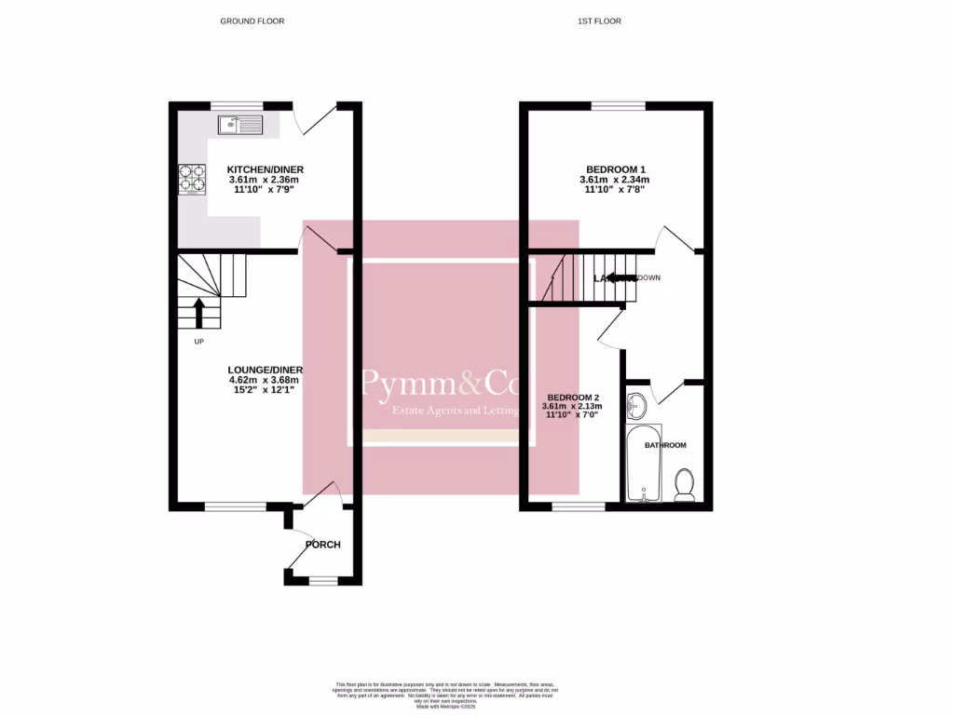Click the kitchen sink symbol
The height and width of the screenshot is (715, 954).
click(241, 125)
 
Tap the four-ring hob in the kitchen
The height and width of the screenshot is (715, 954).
click(192, 179)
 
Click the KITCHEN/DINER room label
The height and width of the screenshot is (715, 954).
click(266, 169)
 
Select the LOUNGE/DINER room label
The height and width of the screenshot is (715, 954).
click(266, 370)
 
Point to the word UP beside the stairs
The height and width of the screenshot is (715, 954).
click(198, 343)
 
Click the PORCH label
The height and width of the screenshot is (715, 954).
click(323, 545)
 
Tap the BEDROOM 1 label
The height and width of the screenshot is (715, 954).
click(612, 169)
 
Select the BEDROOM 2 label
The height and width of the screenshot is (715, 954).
click(572, 396)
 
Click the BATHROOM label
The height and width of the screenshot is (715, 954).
click(665, 446)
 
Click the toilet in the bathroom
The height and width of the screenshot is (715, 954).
click(684, 485)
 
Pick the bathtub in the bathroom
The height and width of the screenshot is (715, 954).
click(643, 464)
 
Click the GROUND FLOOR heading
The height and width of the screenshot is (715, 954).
click(252, 20)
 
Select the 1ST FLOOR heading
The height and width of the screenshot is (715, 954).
click(606, 20)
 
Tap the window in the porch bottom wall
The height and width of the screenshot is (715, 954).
click(323, 581)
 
